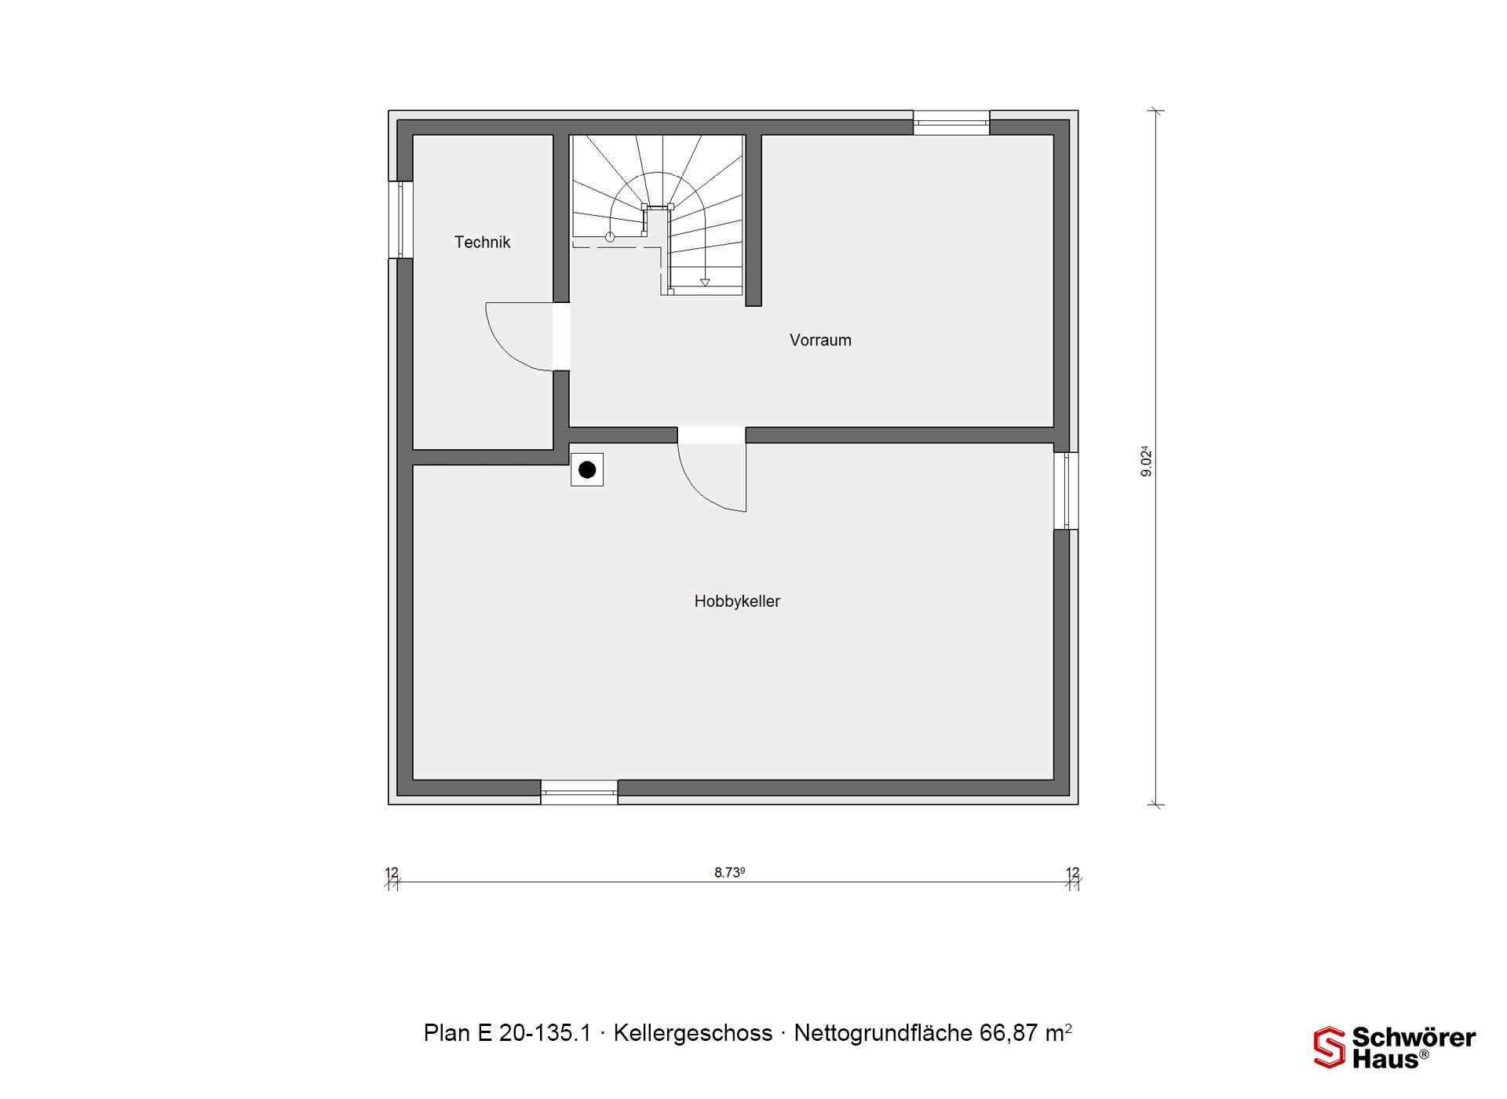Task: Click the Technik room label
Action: pos(482,243)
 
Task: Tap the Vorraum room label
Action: pos(820,340)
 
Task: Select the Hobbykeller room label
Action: pos(737,601)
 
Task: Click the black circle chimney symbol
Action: pos(587,470)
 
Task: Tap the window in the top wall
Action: pos(951,122)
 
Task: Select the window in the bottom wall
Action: pos(579,792)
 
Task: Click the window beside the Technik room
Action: pos(400,220)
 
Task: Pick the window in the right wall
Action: pos(1066,491)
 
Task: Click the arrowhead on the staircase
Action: pos(705,282)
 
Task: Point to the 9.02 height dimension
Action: pos(1147,461)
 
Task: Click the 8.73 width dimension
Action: pos(729,872)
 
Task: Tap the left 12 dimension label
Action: pos(392,873)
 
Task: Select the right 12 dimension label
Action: pos(1073,873)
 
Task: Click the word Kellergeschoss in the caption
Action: pos(693,1033)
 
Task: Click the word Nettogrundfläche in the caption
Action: pos(883,1033)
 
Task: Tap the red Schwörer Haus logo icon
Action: pos(1330,1048)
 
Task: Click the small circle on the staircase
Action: pos(610,236)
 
